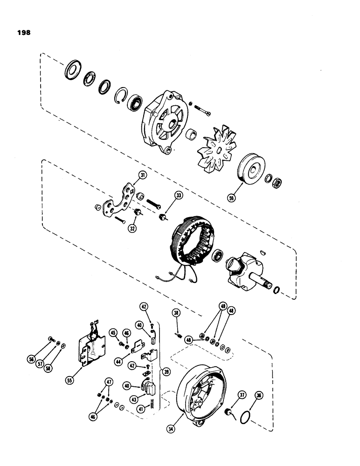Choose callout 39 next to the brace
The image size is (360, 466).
[x=163, y=371]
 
